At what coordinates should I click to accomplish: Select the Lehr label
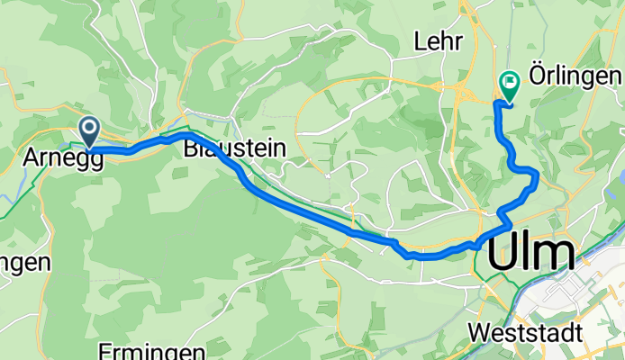438,41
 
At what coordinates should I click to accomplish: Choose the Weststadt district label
525,332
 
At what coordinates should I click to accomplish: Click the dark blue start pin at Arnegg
89,130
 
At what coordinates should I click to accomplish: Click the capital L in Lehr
420,41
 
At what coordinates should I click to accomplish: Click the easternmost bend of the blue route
538,176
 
